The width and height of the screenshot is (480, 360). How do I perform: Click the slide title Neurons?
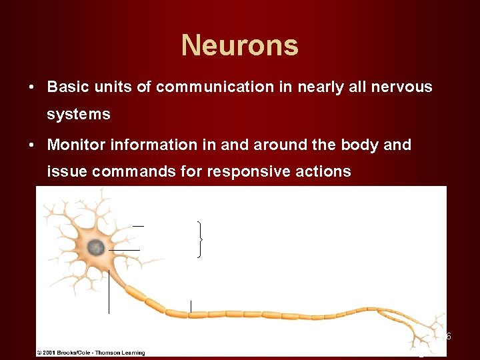coord(239,45)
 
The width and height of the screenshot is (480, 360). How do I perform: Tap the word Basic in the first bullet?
coord(67,87)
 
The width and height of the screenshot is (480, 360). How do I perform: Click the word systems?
coord(79,115)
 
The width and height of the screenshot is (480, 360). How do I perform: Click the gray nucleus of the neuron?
coord(96,247)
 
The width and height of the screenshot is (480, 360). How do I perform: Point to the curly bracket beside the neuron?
coord(200,239)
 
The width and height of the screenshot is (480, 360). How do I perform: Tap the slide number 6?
coord(449,336)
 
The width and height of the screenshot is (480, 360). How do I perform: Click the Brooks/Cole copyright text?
coord(92,352)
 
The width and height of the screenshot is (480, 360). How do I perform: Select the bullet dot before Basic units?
coord(31,87)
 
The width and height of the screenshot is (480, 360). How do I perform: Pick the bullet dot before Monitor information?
coord(31,145)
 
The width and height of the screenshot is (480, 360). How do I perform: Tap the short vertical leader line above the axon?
coord(191,306)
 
